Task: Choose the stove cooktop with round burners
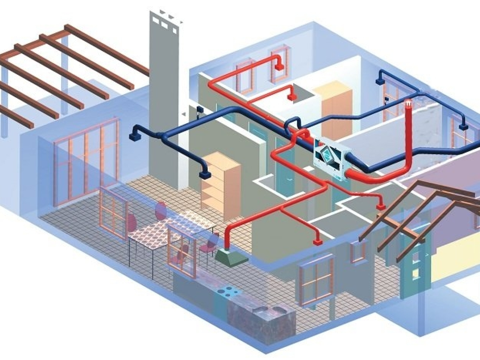(228, 292)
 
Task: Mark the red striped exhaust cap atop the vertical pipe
(408, 104)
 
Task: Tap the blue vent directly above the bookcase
(205, 174)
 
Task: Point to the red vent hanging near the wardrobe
(292, 96)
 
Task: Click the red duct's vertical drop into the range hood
(228, 238)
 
